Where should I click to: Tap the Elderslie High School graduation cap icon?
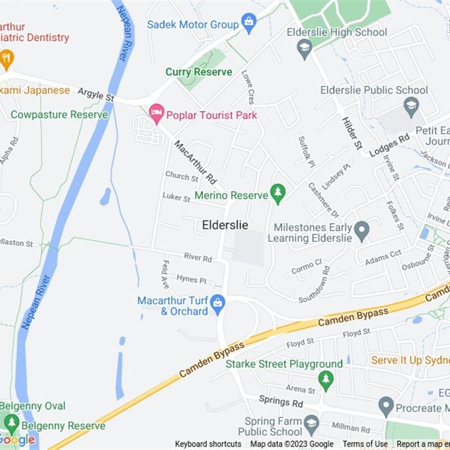point(304,48)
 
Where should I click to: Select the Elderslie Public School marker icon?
point(412,105)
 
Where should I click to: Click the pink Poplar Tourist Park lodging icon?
point(157,114)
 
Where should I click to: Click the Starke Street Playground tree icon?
point(326,379)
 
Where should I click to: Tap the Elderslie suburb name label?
point(225,225)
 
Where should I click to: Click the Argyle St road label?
point(96,94)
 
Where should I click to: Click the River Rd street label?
point(197,258)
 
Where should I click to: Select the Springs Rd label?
point(281,401)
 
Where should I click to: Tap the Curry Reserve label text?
point(199,72)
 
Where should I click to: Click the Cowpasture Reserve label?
point(59,115)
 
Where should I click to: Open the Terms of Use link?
point(365,444)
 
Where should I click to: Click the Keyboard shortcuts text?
point(208,444)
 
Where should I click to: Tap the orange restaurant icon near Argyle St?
point(7,58)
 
